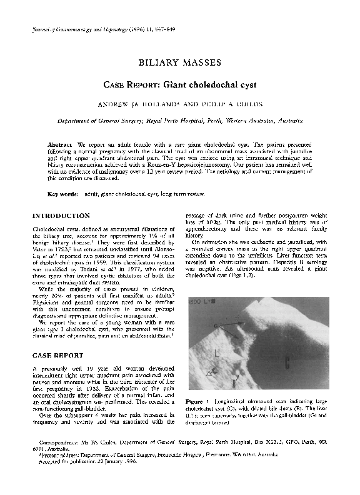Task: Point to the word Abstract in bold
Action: click(x=59, y=144)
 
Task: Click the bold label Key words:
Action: click(x=63, y=194)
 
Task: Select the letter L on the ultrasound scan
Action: click(x=217, y=354)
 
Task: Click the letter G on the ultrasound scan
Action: click(x=216, y=326)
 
